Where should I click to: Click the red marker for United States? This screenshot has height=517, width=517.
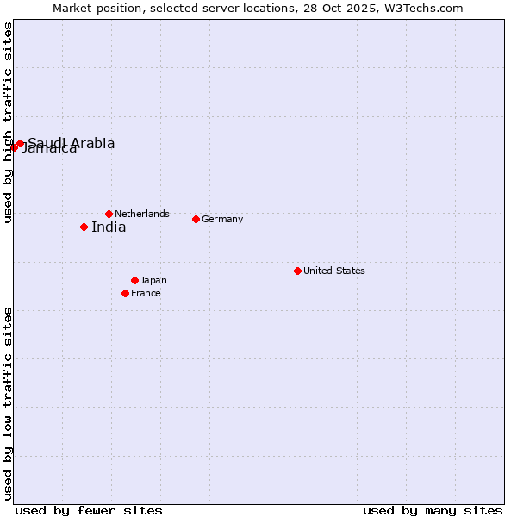(297, 271)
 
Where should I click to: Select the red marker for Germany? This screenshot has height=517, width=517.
(196, 219)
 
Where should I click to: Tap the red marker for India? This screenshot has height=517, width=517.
(84, 227)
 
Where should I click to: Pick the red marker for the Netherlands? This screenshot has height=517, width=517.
(109, 214)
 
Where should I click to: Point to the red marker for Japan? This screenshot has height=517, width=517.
(134, 280)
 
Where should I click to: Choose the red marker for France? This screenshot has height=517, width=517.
(125, 293)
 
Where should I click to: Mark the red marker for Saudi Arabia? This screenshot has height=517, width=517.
(20, 143)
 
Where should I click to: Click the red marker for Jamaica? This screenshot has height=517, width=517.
(14, 147)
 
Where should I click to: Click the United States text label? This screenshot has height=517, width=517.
(334, 271)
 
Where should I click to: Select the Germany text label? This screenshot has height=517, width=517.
(222, 219)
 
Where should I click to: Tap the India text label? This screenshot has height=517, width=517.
(109, 227)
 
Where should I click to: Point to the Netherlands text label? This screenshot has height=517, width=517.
(142, 214)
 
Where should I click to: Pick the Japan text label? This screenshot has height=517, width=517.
(153, 280)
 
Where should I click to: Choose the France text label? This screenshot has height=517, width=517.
(146, 293)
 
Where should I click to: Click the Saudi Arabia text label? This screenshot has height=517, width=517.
(72, 143)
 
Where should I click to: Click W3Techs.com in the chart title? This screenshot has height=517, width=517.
(422, 8)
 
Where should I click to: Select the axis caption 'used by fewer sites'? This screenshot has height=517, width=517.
(89, 510)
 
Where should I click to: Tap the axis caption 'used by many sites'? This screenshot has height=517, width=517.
(433, 510)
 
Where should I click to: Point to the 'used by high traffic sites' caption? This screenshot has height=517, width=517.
(8, 122)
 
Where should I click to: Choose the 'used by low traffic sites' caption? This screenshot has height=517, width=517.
(8, 402)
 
